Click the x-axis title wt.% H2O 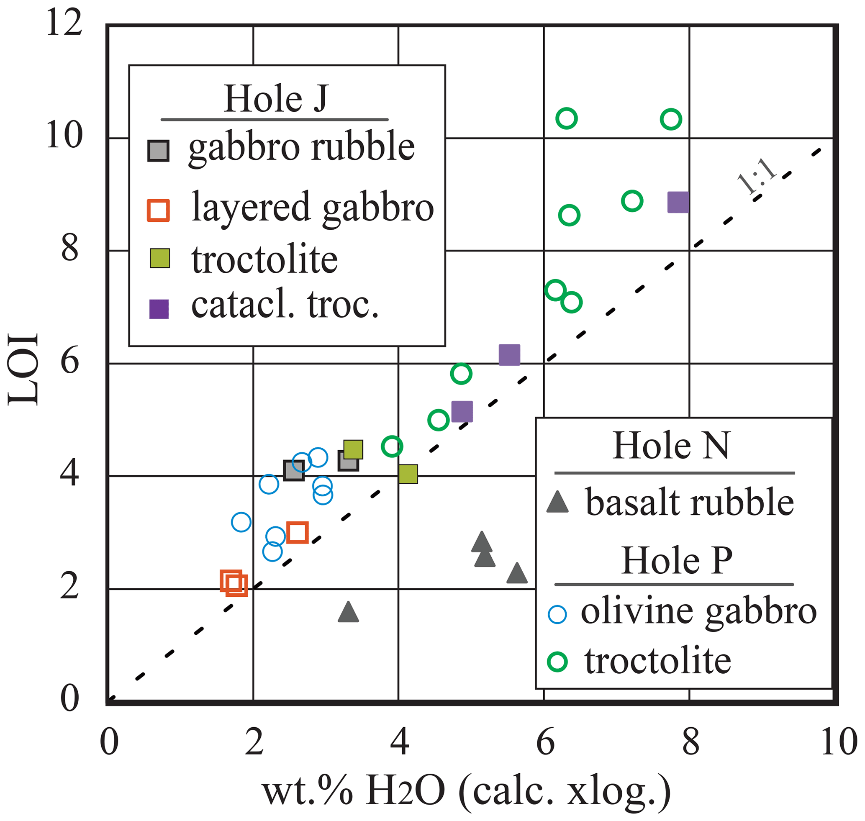pos(466,790)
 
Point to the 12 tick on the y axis pos(64,23)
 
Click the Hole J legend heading pos(275,99)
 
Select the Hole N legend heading pos(671,446)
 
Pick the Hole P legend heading pos(677,561)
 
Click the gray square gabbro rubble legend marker pos(158,151)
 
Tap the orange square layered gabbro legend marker pos(158,210)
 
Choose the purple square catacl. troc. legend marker pos(159,309)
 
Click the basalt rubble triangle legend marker pos(557,503)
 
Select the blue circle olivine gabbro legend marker pos(557,614)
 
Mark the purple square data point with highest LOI pos(678,202)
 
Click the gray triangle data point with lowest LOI pos(349,612)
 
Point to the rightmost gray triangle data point pos(517,573)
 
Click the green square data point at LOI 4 pos(408,474)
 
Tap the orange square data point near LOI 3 pos(298,533)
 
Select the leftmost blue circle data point pos(241,522)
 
